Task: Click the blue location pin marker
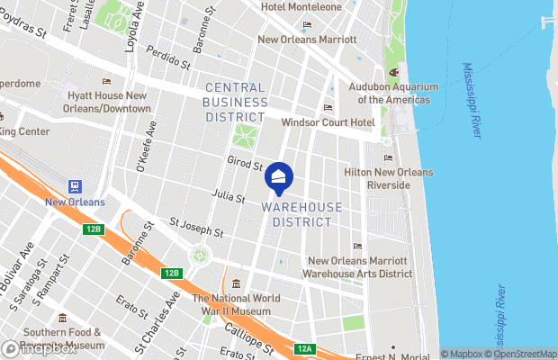point(279,179)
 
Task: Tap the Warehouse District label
point(302,214)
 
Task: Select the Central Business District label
point(236,102)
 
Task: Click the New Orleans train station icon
point(75,187)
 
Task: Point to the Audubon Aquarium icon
point(392,73)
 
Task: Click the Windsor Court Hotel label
point(328,122)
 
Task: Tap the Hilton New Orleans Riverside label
point(389,178)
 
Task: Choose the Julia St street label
point(229,194)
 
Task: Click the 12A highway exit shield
point(305,349)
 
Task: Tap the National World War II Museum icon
point(236,284)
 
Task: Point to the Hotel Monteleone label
point(302,7)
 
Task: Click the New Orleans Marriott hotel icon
point(308,25)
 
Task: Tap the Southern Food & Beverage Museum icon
point(62,318)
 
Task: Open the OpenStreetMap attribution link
point(524,354)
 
